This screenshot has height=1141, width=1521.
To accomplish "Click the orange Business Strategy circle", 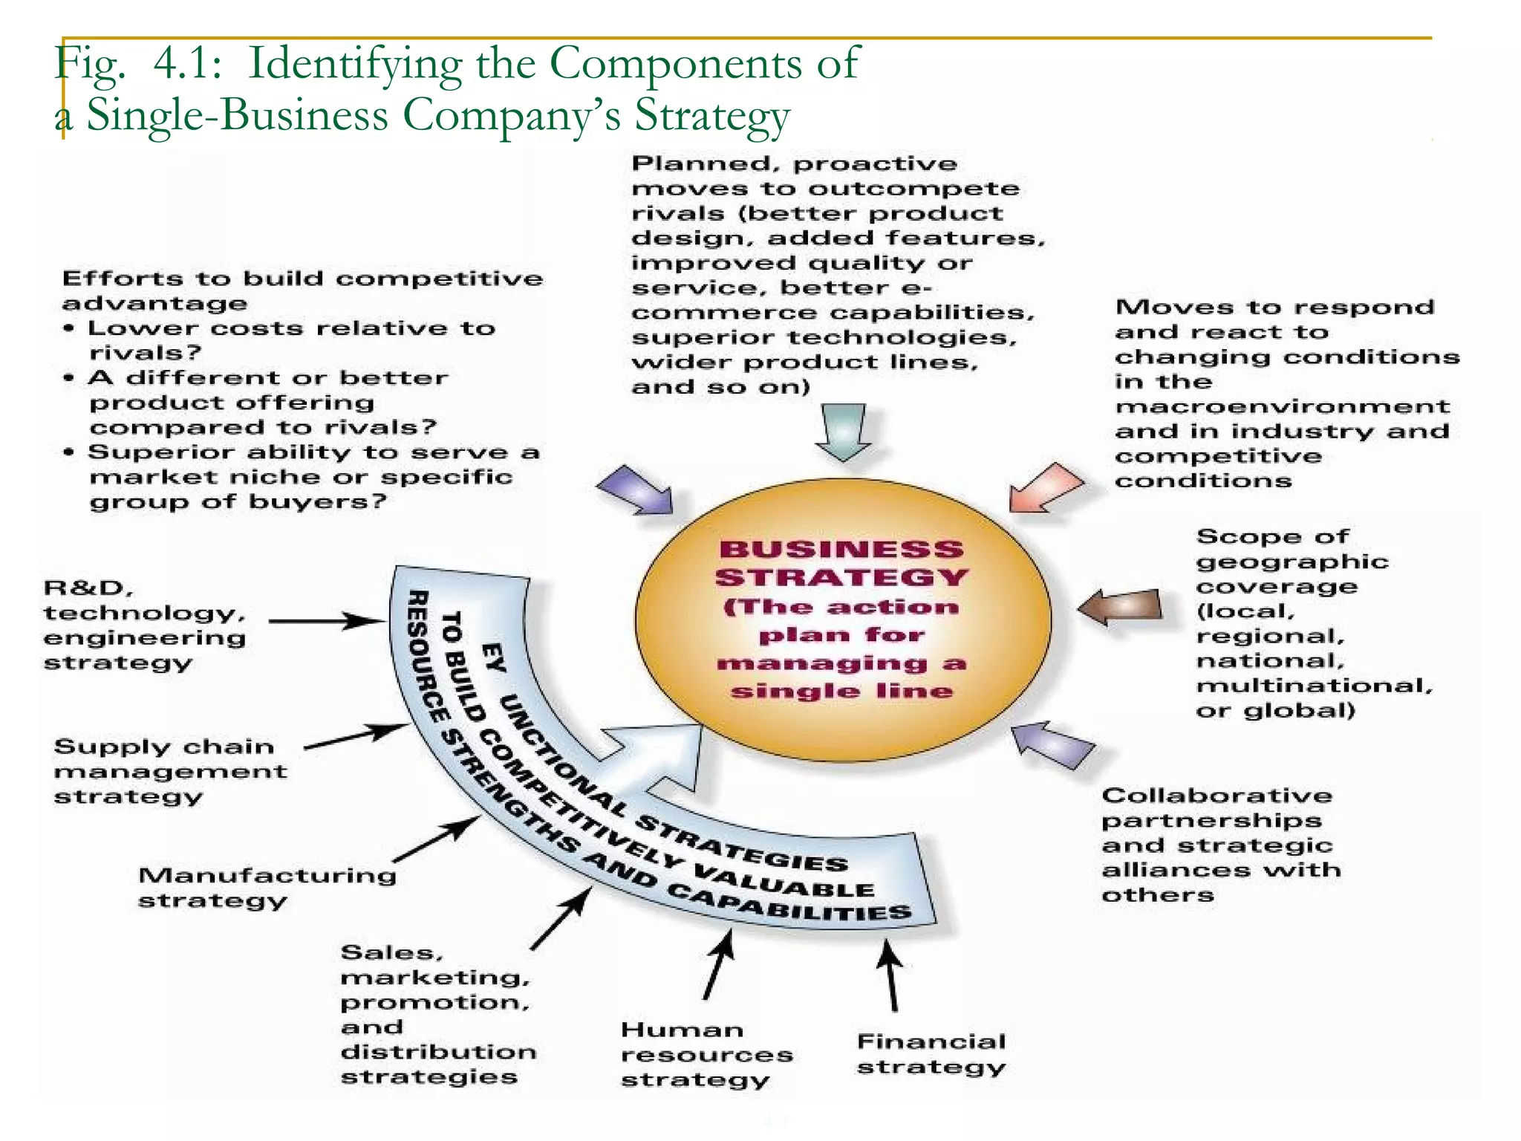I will point(842,621).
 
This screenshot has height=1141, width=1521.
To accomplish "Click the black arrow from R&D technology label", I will point(327,620).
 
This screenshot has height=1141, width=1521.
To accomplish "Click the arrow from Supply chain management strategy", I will point(356,736).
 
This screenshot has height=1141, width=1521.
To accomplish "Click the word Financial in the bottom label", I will point(931,1041).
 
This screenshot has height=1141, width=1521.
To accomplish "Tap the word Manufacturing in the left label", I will point(267,875).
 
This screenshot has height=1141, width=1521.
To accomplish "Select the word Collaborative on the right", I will point(1217,796).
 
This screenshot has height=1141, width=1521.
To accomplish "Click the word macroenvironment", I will point(1282,406).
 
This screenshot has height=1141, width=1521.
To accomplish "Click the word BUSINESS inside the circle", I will point(841,550).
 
